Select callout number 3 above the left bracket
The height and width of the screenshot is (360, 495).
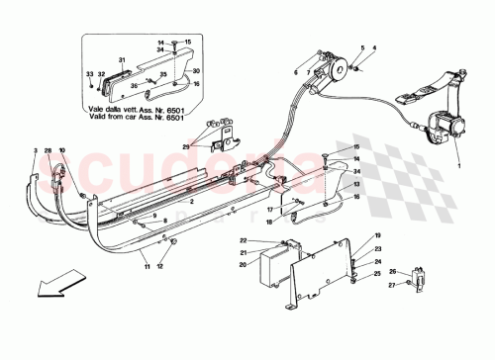coord(34,149)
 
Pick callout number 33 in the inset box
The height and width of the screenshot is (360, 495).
coord(88,74)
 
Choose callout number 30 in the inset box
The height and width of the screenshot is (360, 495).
coord(196,70)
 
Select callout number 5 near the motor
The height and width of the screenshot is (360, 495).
coord(362,48)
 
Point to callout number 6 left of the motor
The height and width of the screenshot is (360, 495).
coord(294,72)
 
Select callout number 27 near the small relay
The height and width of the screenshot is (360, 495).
coord(391,285)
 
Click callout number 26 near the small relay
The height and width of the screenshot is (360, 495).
coord(391,272)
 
